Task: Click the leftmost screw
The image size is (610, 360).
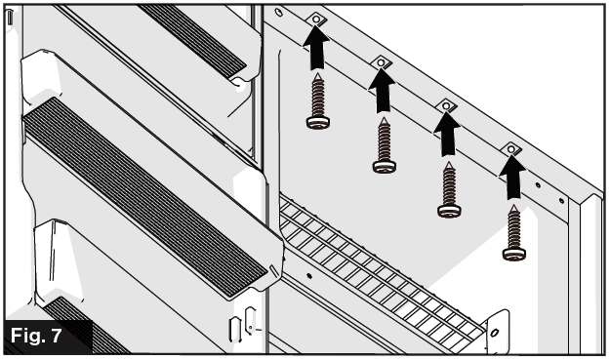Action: (318, 102)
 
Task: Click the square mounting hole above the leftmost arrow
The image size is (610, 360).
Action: (317, 20)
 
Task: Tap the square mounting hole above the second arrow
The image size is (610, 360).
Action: (382, 62)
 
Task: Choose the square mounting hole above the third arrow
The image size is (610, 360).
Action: (447, 105)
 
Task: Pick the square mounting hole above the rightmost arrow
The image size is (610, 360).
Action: (510, 148)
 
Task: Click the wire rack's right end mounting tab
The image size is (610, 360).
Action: (497, 332)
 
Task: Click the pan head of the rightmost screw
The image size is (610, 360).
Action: (513, 254)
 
